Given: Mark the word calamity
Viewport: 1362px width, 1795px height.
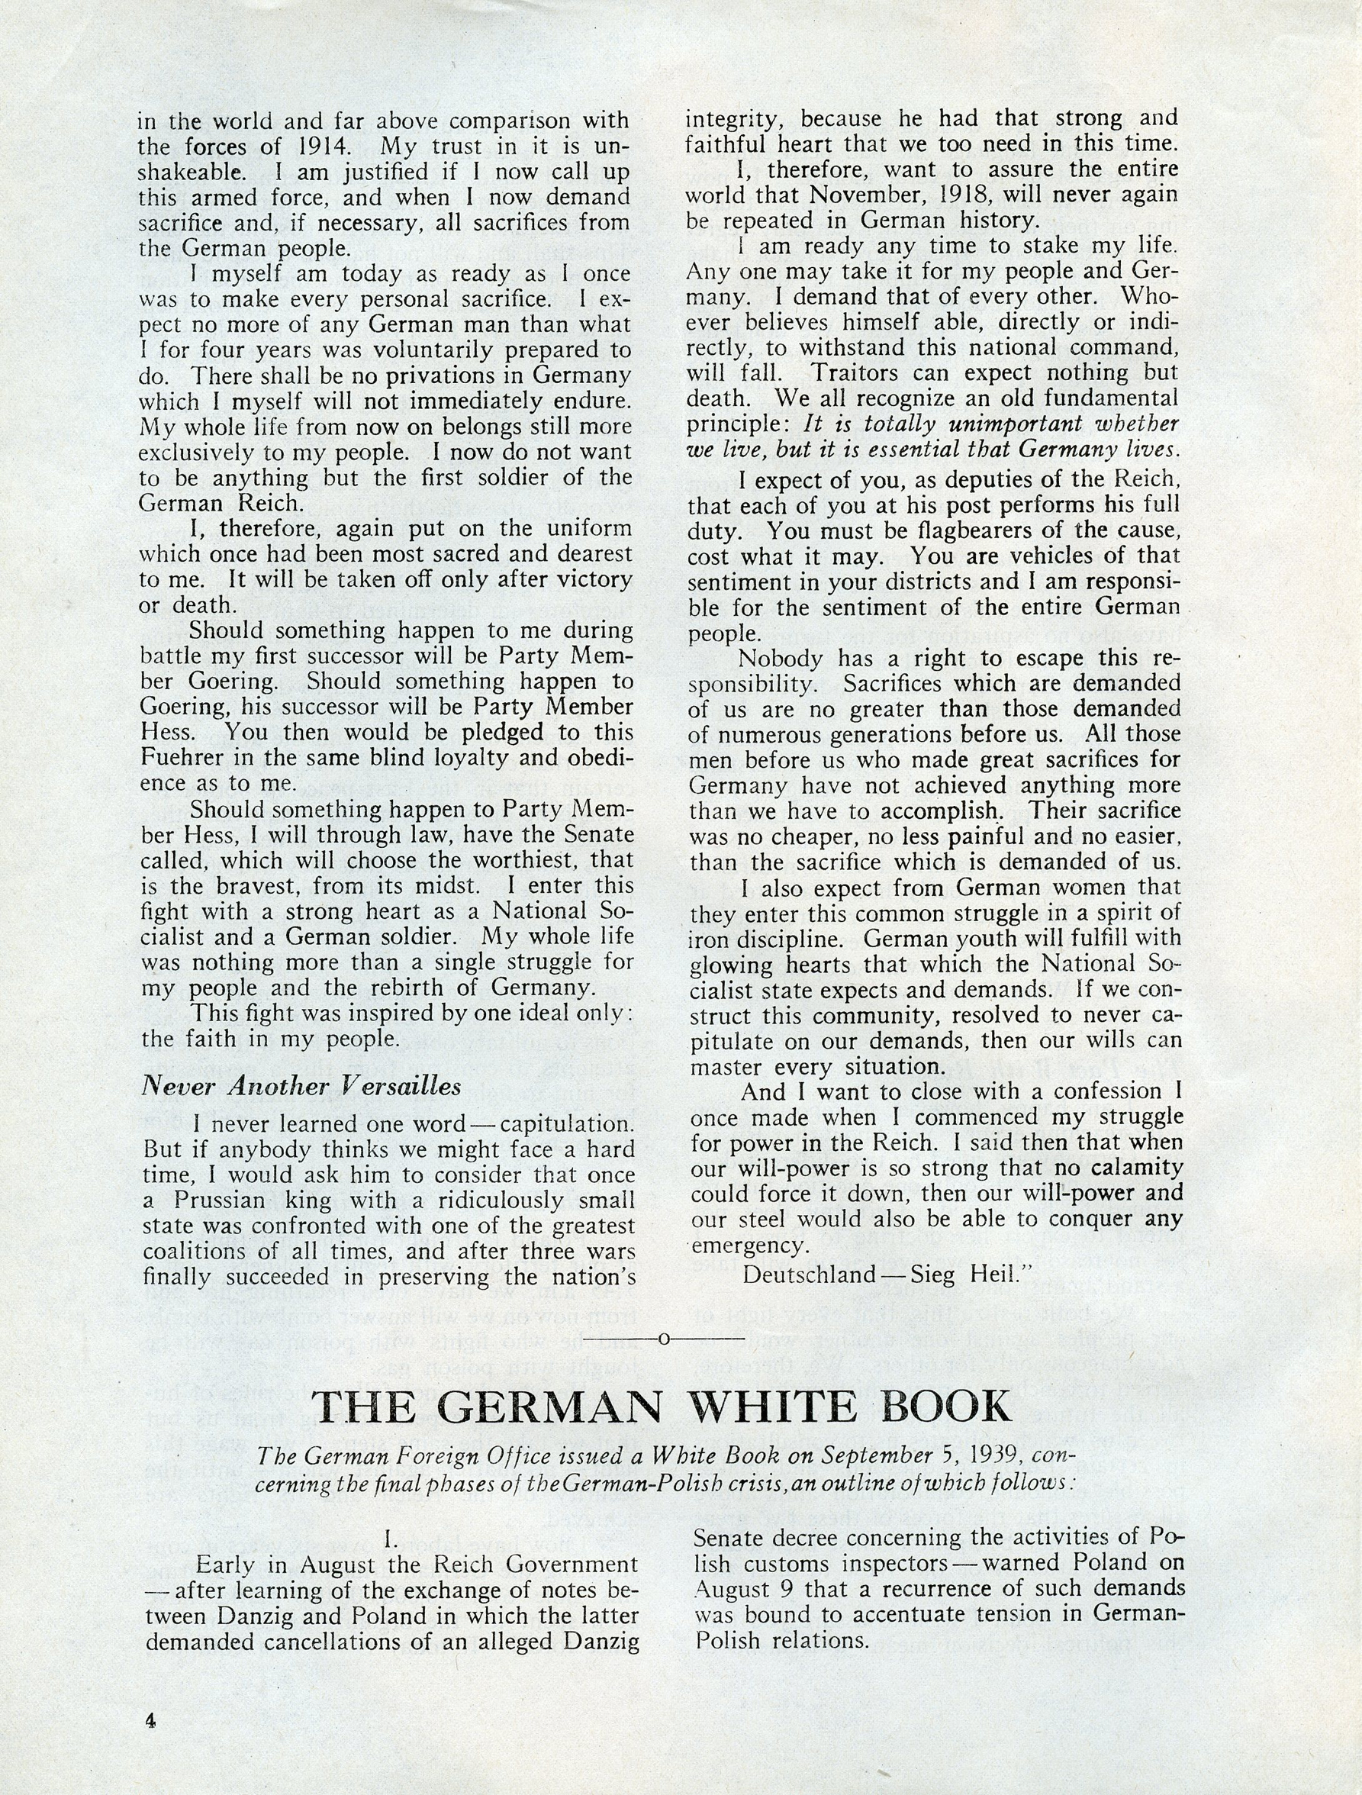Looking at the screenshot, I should [x=1132, y=1168].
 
